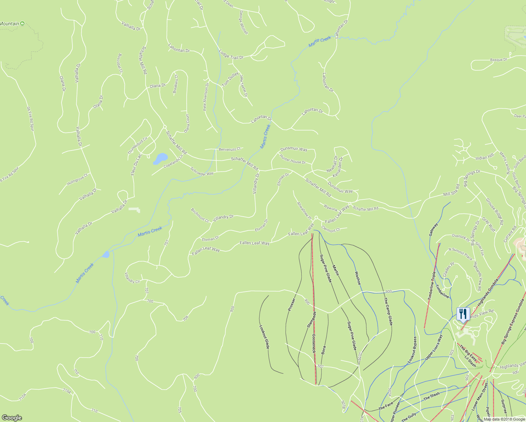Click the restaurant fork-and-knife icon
click(x=463, y=313)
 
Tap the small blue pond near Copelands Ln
click(x=160, y=159)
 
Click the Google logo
click(x=12, y=417)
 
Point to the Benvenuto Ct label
click(x=230, y=149)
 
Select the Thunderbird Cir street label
click(x=137, y=146)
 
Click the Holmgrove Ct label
click(x=77, y=180)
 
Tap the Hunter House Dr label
click(x=293, y=160)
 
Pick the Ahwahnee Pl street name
click(x=304, y=211)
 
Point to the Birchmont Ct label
click(x=200, y=215)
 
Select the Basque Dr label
click(x=499, y=60)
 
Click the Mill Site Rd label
click(x=451, y=190)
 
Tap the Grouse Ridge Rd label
click(x=494, y=211)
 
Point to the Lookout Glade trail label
click(x=264, y=337)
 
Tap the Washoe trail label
click(x=358, y=278)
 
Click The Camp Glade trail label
click(x=388, y=311)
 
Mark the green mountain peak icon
click(x=23, y=24)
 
